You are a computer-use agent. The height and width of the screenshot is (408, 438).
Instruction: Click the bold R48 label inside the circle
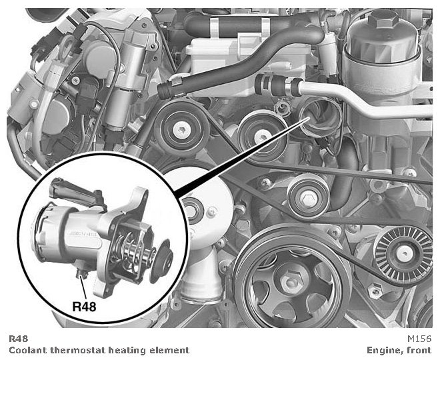[84, 307]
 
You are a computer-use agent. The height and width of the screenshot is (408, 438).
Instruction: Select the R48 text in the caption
[19, 339]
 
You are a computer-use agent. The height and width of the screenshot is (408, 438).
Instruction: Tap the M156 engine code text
[419, 339]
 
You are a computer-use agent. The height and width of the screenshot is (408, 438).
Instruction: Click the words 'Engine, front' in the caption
[399, 350]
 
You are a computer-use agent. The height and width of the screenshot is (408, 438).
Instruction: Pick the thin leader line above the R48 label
[83, 287]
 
